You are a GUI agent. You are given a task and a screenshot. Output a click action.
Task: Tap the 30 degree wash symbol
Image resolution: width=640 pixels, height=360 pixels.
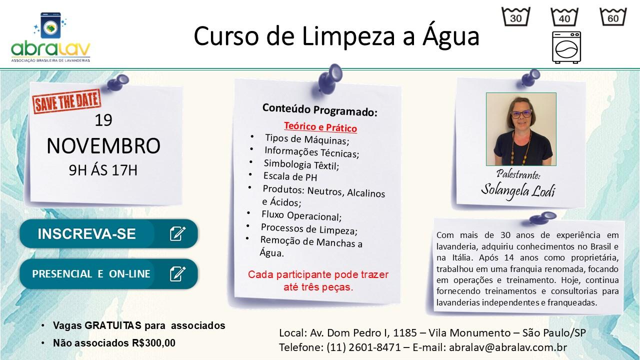516,17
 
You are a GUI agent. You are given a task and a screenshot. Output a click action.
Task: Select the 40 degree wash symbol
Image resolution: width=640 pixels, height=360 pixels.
565,17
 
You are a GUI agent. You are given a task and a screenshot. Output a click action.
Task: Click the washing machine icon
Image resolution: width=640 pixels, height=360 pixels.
566,47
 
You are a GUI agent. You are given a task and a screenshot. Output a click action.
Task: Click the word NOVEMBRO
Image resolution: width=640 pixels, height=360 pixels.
103,145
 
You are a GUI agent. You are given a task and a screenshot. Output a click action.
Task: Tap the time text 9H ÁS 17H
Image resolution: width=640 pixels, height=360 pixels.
103,170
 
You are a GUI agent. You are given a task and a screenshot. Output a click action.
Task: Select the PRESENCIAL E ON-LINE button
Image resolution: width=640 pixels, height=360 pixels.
108,274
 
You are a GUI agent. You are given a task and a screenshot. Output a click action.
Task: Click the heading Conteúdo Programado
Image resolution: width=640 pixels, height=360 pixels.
319,110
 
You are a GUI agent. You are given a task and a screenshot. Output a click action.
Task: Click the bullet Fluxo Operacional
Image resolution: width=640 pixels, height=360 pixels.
301,216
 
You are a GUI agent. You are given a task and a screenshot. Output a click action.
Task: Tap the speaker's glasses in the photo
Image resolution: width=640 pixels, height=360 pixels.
521,113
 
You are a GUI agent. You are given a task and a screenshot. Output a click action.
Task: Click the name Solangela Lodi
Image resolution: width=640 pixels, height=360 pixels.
518,190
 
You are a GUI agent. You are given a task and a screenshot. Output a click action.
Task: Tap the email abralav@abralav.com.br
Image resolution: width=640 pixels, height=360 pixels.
508,347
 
